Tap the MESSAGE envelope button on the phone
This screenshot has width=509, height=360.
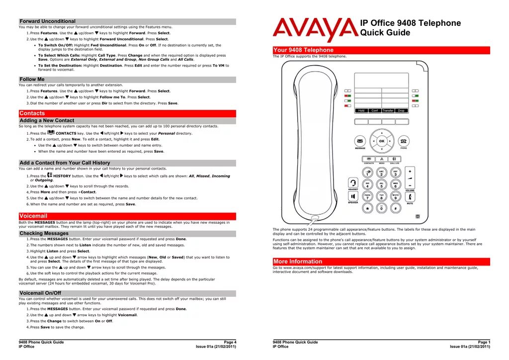[360, 141]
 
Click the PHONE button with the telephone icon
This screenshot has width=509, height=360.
[404, 141]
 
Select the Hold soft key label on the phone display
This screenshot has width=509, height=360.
[361, 110]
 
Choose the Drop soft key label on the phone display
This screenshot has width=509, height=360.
[401, 110]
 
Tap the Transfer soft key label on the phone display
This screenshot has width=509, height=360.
[388, 110]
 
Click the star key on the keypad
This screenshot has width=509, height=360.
[367, 209]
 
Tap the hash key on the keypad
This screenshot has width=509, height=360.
[395, 209]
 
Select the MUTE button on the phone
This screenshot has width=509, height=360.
[410, 196]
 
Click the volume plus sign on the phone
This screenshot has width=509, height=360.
[410, 171]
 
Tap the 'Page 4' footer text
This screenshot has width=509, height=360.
[230, 342]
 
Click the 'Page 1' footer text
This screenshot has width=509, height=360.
[484, 342]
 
